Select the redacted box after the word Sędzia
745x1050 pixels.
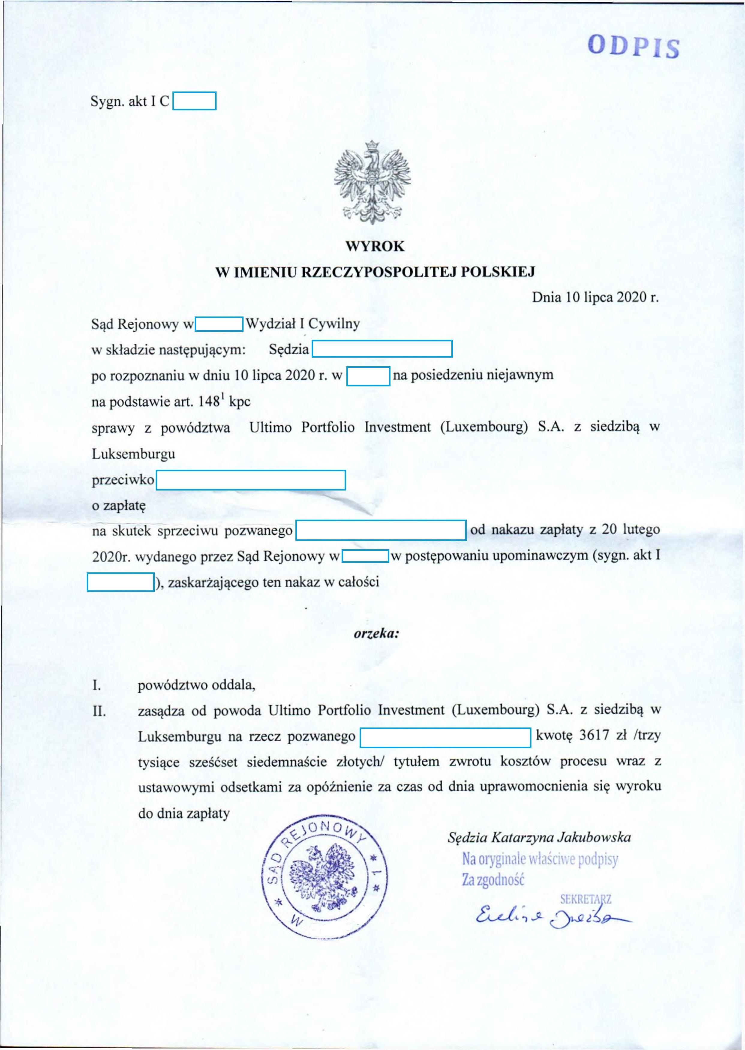pos(382,349)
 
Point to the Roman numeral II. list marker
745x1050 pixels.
pos(99,711)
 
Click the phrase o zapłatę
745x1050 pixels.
pos(119,506)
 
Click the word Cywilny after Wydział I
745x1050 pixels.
pos(334,324)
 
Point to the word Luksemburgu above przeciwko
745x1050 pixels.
pos(133,454)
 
